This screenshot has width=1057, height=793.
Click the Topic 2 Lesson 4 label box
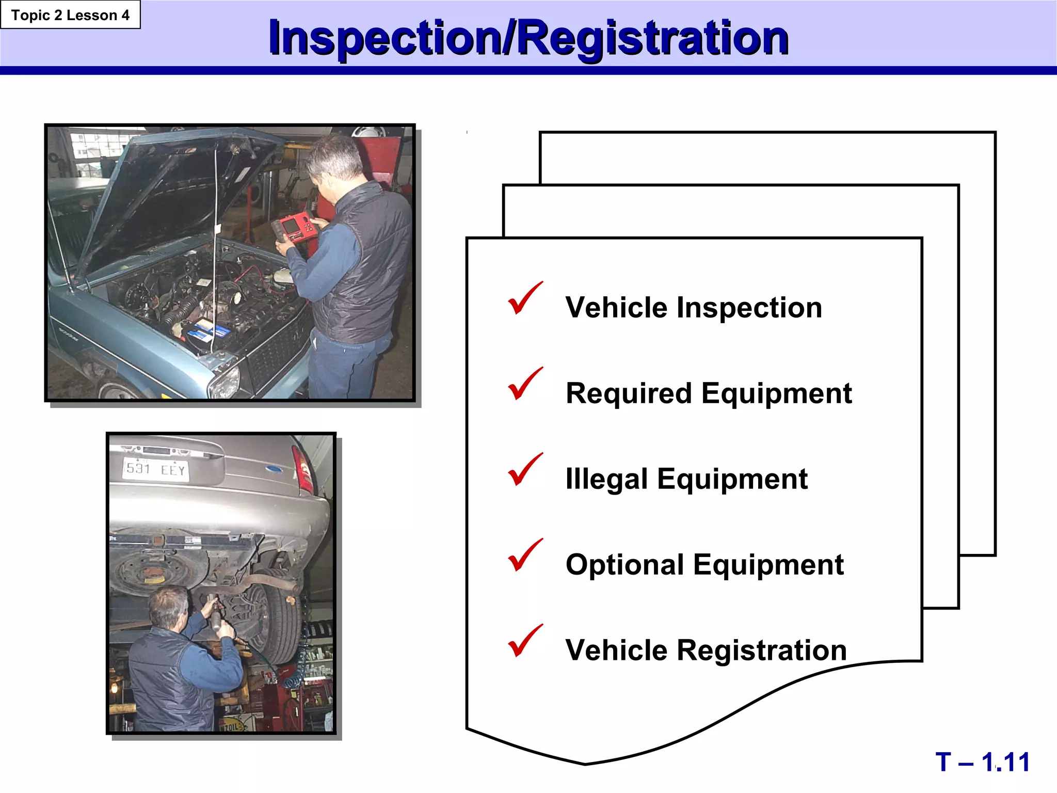[70, 15]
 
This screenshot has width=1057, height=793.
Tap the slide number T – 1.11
[982, 762]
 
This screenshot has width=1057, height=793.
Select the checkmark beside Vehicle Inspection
[525, 299]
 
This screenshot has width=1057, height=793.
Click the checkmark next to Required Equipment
[525, 385]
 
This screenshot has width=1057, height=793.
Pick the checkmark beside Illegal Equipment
[525, 470]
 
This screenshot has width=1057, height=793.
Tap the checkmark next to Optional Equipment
[525, 556]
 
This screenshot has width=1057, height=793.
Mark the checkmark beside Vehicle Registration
[525, 642]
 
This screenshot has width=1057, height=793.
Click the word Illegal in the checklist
[606, 479]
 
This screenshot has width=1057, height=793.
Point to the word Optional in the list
[624, 565]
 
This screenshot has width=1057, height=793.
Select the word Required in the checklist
[628, 393]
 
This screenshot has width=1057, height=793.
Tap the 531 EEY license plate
[155, 469]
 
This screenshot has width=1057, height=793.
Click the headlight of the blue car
[225, 382]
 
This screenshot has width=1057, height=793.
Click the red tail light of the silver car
[302, 469]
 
